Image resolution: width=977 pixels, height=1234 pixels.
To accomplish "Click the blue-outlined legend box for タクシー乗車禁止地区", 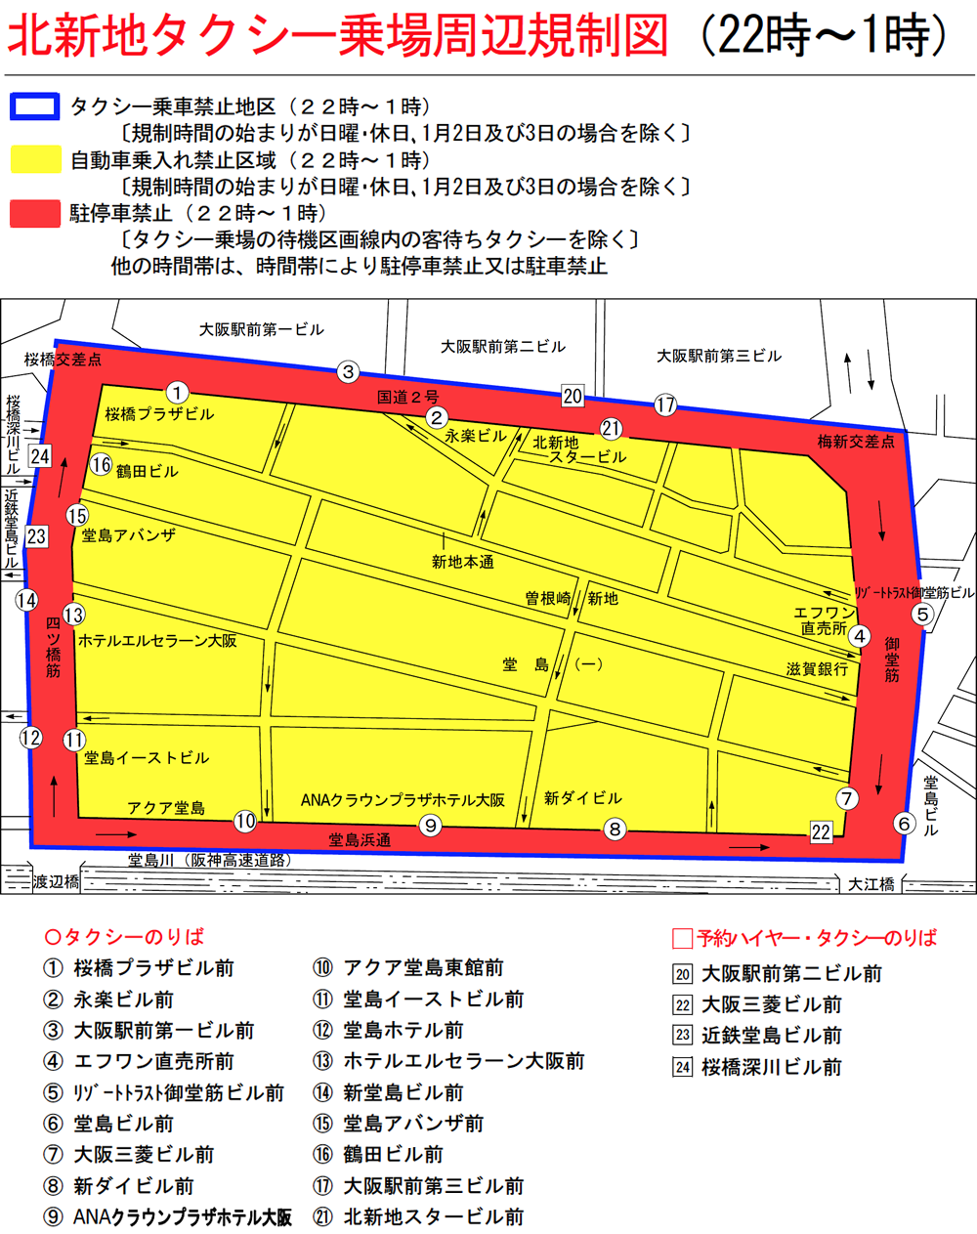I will coord(35,107).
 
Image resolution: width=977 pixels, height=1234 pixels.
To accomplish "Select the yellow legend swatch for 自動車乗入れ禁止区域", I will coord(35,160).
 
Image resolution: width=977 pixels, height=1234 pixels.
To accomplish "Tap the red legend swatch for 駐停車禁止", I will coord(35,213).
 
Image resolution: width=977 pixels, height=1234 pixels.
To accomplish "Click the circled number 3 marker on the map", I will coord(348,371).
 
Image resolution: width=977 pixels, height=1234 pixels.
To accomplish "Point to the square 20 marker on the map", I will coord(573,396).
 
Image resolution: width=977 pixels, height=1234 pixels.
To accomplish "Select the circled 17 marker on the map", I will coord(665,404).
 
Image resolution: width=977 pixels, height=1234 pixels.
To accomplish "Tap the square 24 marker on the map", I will coord(40,456).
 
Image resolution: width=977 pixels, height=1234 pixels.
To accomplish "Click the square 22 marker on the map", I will coord(821,832).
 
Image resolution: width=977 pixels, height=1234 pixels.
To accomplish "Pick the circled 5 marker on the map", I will coord(922,614).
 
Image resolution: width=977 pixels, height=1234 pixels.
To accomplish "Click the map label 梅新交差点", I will coord(856,442).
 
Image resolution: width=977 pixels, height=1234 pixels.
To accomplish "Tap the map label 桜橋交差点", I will coord(63,360).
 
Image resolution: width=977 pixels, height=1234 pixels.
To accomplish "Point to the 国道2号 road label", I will coord(407,397).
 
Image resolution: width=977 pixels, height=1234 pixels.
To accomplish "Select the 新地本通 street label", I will coord(463,562).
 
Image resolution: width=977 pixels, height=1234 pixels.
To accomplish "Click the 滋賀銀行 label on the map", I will coord(817,669).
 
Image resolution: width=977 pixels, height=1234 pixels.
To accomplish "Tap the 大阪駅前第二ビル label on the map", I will coord(502,347).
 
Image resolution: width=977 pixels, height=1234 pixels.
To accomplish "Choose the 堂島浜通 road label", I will coord(360,839).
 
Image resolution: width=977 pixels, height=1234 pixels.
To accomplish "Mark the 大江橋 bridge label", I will coord(871,884).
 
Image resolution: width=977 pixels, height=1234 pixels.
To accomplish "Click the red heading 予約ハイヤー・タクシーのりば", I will coord(816,938).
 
